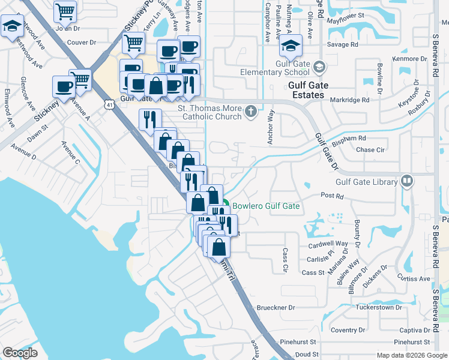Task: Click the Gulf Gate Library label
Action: pos(366,182)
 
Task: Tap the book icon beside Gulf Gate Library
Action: pos(406,181)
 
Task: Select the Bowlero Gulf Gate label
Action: pos(265,206)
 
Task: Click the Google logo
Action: pos(20,352)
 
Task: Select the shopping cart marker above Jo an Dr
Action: pos(65,11)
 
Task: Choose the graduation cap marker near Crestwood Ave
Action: pos(12,27)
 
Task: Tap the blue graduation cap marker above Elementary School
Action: pos(291,45)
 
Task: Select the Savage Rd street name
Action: pos(342,44)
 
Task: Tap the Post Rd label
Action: pos(331,196)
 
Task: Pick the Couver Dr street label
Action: pos(82,43)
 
